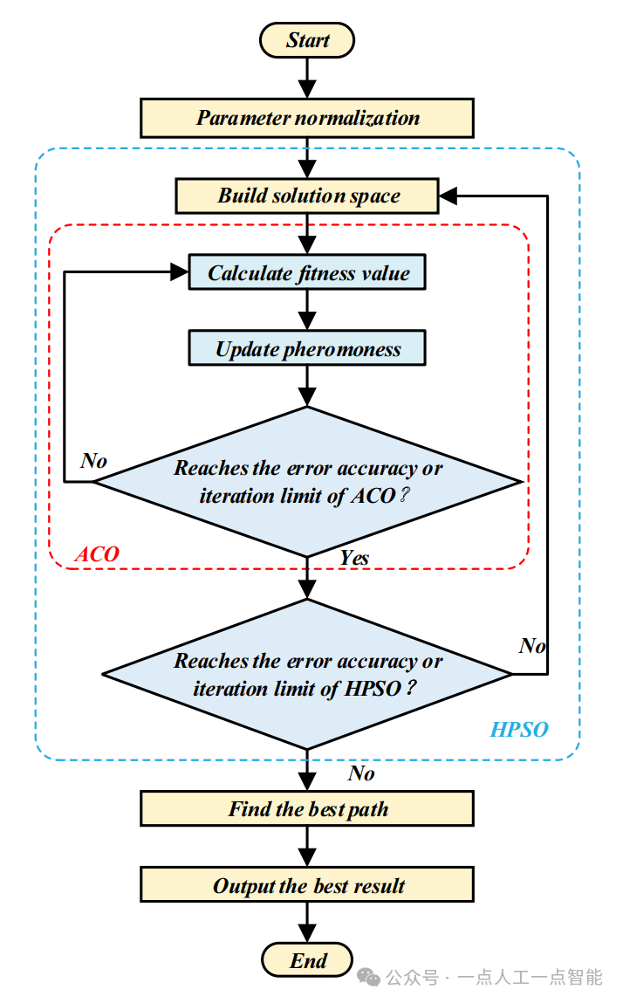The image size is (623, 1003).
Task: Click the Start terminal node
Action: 307,41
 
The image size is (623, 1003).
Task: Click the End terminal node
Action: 307,960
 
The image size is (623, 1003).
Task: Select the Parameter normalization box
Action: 307,118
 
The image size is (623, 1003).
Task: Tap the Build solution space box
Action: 307,196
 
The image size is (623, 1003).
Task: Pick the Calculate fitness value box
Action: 307,273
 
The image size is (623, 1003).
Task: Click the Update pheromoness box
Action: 307,349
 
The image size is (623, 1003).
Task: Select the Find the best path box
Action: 307,809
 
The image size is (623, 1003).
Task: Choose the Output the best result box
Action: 307,886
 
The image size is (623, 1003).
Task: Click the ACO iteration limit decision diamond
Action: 307,481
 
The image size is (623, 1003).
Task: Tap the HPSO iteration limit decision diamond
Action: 307,674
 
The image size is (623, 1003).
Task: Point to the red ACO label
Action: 97,554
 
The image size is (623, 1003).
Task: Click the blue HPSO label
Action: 519,730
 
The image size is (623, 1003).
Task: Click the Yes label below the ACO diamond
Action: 354,558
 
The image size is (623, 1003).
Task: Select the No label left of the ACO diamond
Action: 93,460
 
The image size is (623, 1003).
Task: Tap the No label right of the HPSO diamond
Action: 532,646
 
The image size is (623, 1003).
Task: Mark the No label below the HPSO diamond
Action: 361,773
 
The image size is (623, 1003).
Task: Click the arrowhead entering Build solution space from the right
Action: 448,196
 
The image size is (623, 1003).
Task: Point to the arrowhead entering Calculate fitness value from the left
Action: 180,273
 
